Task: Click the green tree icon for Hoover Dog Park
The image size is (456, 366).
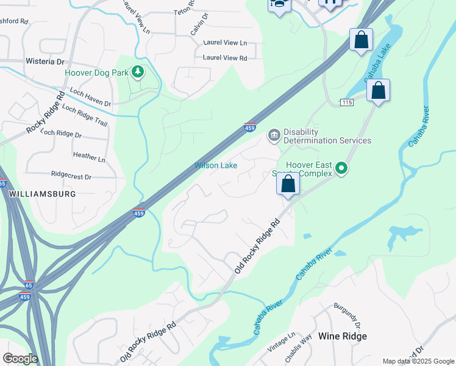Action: tap(138, 73)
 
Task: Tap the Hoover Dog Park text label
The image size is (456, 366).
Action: tap(97, 73)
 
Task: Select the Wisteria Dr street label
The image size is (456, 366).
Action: tap(45, 62)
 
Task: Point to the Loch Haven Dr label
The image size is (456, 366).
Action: tap(90, 98)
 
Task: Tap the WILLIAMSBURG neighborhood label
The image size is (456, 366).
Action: tap(43, 193)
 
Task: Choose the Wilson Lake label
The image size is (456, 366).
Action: tap(216, 165)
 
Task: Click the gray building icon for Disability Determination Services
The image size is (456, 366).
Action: tap(274, 135)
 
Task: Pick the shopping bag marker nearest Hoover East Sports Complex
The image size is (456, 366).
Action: tap(288, 183)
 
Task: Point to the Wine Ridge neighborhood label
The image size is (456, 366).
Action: tap(343, 336)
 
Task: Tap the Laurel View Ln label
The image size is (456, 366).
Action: tap(225, 43)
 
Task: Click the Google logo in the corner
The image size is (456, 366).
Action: tap(20, 359)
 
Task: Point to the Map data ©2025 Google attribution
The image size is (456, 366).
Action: tap(418, 361)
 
